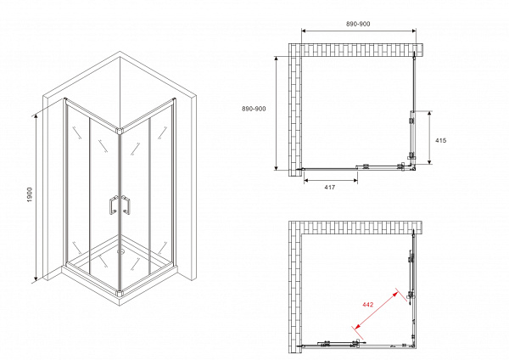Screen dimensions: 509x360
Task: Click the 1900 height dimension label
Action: click(30, 194)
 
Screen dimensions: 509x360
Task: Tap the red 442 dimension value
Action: click(368, 305)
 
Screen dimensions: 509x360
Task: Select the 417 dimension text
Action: click(329, 187)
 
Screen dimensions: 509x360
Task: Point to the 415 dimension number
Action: click(440, 140)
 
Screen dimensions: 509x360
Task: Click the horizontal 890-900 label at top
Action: click(358, 24)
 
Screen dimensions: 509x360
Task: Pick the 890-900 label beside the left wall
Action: click(254, 109)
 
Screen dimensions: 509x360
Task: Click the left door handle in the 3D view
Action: click(114, 205)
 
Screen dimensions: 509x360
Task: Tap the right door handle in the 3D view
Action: click(126, 205)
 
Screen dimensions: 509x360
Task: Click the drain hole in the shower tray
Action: click(120, 250)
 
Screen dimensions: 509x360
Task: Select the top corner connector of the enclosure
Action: click(120, 131)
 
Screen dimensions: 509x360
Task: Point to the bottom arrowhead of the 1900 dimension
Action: click(36, 278)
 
